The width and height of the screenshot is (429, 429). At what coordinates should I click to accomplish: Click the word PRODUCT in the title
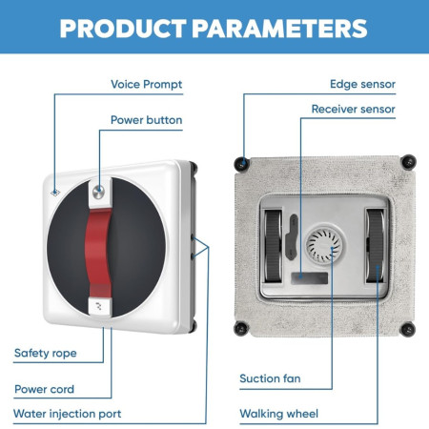coord(123,29)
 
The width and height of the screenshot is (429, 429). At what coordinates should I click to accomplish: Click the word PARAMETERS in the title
coord(279,29)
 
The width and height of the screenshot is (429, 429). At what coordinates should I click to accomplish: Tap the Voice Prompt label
coord(147,85)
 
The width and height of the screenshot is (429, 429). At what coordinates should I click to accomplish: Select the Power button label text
coord(147,120)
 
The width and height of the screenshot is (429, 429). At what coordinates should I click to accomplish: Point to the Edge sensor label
coord(362,84)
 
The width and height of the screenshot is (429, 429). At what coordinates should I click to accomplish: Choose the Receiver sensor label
coord(354,109)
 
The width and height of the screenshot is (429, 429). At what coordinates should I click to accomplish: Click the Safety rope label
coord(46,354)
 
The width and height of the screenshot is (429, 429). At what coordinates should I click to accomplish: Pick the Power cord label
coord(44,389)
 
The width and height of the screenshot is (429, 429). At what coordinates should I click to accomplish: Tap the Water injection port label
coord(68,414)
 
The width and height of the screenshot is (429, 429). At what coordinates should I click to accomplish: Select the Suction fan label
coord(270,378)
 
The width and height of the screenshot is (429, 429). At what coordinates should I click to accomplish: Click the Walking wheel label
coord(278,414)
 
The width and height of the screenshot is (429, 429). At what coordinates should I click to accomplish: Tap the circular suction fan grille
coord(324,245)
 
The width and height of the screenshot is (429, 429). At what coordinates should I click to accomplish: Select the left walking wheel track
coord(274,246)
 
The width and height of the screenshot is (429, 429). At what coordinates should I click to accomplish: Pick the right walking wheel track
coord(376,246)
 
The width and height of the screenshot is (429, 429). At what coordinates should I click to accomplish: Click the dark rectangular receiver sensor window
coord(310,278)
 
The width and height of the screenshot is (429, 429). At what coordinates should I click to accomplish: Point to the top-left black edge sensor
coord(241,164)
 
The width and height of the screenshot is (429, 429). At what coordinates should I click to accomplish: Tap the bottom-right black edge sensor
coord(408,329)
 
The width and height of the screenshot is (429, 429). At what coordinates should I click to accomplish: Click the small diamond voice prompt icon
coord(55,193)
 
